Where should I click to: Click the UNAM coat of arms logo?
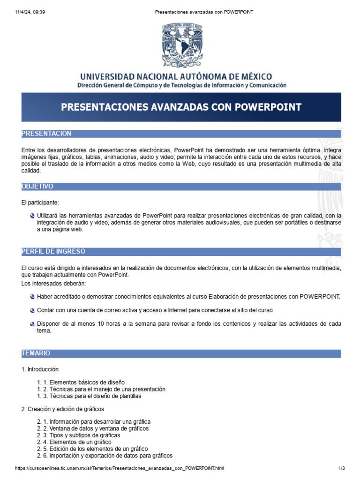pos(182,45)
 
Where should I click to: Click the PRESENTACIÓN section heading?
pos(46,134)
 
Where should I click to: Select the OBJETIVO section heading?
pos(37,187)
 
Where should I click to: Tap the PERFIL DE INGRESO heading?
pos(53,252)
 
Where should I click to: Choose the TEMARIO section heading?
pos(36,353)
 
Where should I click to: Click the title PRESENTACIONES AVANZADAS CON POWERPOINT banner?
pos(181,107)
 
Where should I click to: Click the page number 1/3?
pos(341,468)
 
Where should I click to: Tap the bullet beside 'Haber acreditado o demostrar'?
pos(32,297)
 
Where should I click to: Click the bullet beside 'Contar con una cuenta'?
pos(32,310)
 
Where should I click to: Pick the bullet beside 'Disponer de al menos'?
pos(32,324)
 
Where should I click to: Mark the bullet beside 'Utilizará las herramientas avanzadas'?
pos(32,216)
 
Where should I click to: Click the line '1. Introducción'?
pos(40,369)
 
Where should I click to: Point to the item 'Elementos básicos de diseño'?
pos(81,382)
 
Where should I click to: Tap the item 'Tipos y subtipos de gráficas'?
pos(79,435)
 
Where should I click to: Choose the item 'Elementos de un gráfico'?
pos(74,442)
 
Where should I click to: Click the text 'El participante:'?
pos(40,202)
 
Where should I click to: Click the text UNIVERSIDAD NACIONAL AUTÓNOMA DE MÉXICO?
pos(176,76)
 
